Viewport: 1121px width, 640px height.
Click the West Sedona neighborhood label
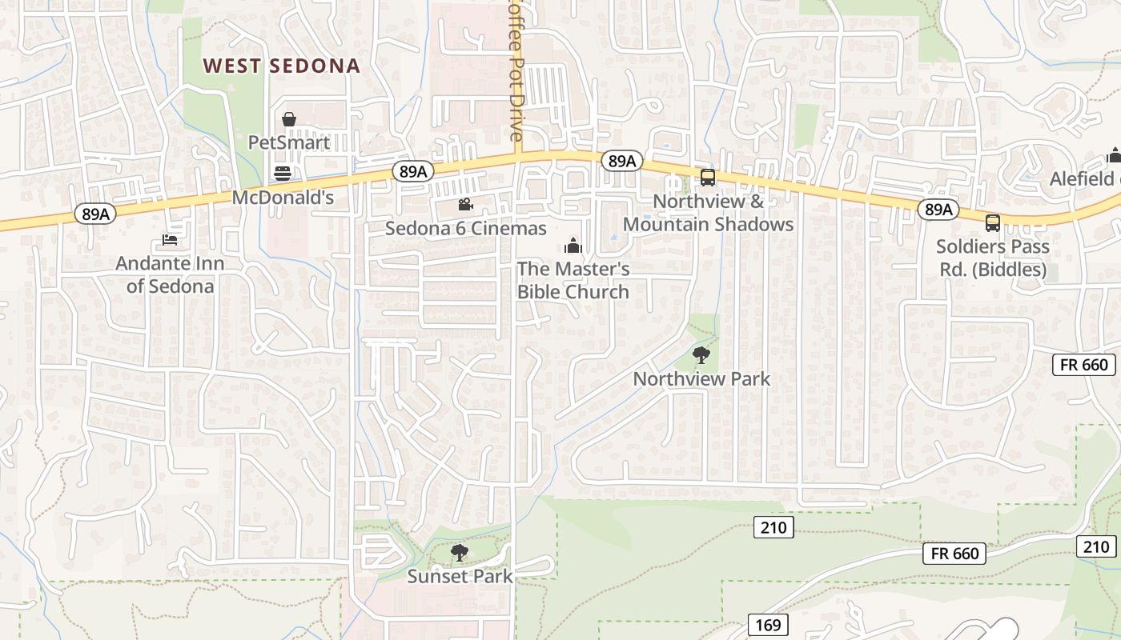click(x=281, y=66)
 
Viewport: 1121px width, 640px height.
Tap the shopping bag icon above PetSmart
click(x=289, y=120)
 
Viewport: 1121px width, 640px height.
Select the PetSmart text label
click(x=289, y=142)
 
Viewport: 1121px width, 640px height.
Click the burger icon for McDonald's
click(x=282, y=173)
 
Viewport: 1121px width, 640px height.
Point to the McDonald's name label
click(x=283, y=197)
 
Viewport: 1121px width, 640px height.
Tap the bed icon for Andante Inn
click(x=169, y=239)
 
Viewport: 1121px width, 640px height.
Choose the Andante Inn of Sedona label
click(x=170, y=274)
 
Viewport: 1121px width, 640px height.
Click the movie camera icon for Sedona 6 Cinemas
click(x=465, y=205)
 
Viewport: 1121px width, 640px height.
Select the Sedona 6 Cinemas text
click(x=466, y=229)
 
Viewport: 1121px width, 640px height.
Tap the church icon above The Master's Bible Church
click(x=573, y=245)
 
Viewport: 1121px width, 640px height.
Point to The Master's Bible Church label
click(x=573, y=280)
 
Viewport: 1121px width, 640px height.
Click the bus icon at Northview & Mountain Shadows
click(x=707, y=178)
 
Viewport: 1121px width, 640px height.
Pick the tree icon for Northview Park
click(x=701, y=354)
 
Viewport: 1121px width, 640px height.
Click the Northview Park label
click(x=701, y=378)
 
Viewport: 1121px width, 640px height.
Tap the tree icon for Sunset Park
click(x=459, y=552)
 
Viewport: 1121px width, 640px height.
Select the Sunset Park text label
click(x=460, y=575)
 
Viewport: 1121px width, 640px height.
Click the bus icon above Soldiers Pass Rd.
click(x=993, y=223)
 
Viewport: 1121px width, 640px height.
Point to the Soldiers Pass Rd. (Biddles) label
click(x=993, y=258)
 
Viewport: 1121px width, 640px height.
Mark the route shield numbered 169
click(x=768, y=625)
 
